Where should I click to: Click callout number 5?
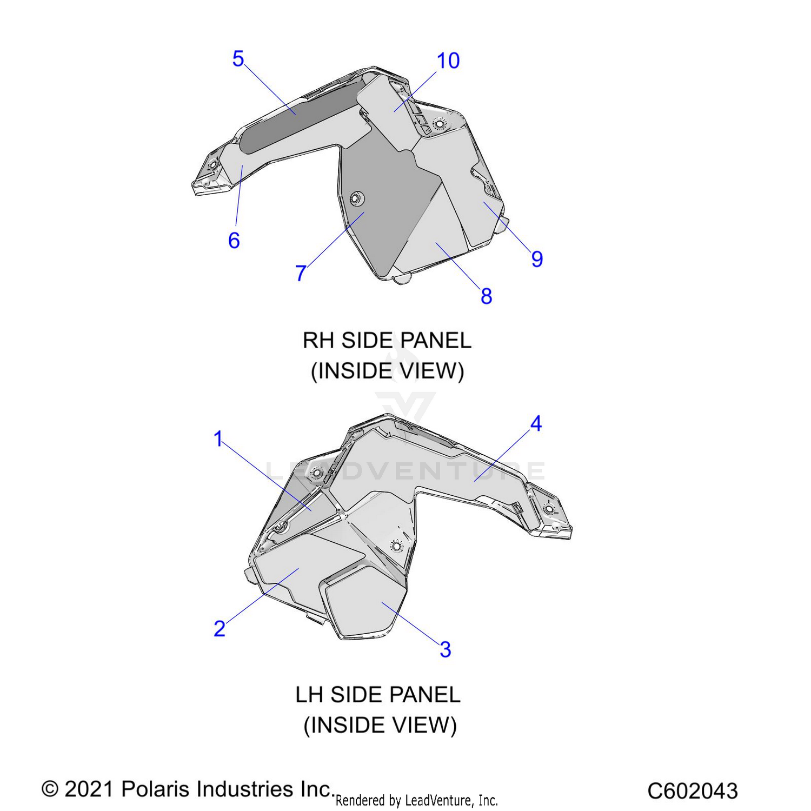(x=238, y=59)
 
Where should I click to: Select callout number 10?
(x=448, y=61)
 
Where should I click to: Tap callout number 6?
(x=234, y=241)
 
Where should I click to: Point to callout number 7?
(x=301, y=273)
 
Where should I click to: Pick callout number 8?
(x=486, y=296)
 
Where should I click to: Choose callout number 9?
(x=537, y=259)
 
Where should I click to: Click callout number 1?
(x=218, y=439)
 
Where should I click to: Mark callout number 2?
(x=219, y=629)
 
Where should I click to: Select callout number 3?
(x=445, y=649)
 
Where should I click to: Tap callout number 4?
(x=536, y=424)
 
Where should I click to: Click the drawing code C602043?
(x=693, y=791)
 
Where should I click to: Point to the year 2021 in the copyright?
(x=88, y=789)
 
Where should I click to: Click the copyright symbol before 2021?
(x=50, y=789)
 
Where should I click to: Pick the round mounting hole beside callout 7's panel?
(x=356, y=199)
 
